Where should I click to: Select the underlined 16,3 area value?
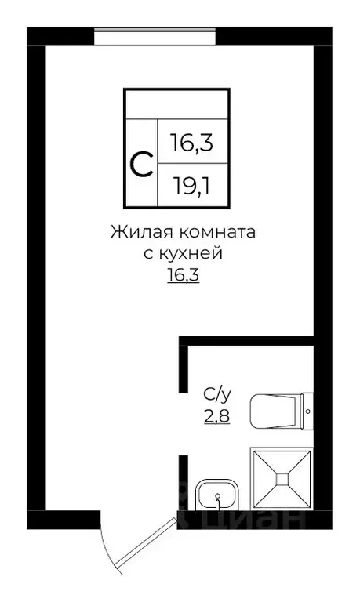183,275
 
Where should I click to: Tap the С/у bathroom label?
216,394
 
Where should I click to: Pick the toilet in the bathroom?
275,410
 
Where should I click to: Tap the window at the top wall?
155,35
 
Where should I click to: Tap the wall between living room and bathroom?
247,340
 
